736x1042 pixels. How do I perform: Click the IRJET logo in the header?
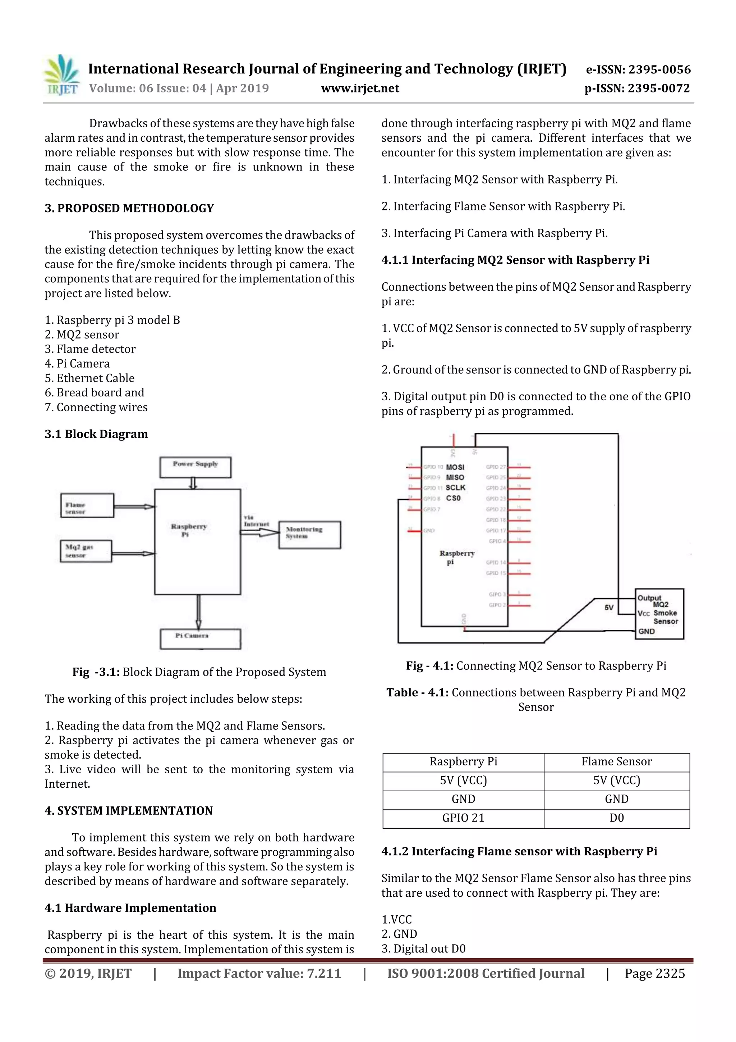(62, 75)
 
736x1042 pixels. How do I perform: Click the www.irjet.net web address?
(360, 88)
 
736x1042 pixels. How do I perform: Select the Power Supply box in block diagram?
(195, 467)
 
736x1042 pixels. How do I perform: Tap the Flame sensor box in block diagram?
(87, 505)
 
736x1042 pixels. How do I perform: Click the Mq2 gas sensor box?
(86, 551)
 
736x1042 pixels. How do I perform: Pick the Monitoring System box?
(309, 534)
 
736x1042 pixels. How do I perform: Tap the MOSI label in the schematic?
(455, 467)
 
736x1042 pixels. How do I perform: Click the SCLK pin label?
(455, 487)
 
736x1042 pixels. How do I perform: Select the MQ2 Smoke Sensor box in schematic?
(659, 614)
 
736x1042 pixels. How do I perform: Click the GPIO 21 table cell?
(463, 818)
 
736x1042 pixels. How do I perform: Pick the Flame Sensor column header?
(616, 761)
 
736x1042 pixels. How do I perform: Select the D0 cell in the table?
(616, 818)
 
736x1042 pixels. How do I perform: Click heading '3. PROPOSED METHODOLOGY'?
(129, 208)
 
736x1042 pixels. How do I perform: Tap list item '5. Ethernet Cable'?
(89, 378)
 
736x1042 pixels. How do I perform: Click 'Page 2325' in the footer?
(654, 973)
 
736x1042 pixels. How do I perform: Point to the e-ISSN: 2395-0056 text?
(638, 69)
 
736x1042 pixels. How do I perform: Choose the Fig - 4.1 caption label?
(429, 666)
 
